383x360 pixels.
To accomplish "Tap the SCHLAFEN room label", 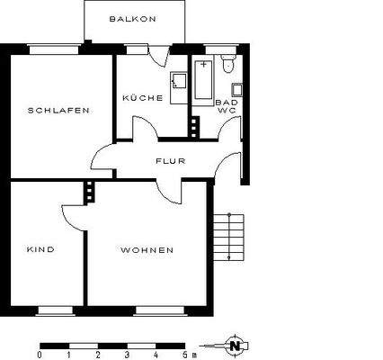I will [x=58, y=110].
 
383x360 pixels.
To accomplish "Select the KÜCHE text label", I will [x=143, y=98].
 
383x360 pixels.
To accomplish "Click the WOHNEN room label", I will [x=147, y=249].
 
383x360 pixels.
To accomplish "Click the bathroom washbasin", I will [x=236, y=89].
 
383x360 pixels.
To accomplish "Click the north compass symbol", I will [x=235, y=344].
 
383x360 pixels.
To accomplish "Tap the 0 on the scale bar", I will [x=40, y=354].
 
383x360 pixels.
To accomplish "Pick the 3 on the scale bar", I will [x=127, y=354].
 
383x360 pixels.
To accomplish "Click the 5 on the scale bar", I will [x=183, y=354].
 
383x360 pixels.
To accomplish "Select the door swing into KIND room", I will [x=74, y=214].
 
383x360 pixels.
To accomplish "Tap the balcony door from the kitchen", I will [x=158, y=53].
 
